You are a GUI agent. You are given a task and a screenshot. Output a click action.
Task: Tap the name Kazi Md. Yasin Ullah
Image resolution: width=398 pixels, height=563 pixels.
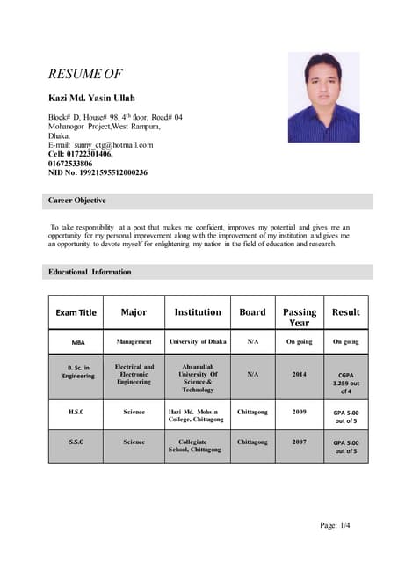click(91, 97)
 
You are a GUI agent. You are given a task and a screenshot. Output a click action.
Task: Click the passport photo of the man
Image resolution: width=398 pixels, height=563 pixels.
click(324, 97)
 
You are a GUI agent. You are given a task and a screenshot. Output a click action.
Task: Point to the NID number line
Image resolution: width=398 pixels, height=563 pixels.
click(97, 172)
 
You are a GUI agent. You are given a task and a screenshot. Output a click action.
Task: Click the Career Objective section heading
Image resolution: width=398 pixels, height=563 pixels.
click(76, 201)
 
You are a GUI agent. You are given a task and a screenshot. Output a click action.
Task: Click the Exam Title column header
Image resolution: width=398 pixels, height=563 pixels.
click(76, 312)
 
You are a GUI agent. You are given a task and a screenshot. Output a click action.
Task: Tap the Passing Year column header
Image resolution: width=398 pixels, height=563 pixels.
click(300, 317)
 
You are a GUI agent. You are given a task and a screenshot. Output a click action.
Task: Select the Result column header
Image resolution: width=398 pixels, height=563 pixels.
click(345, 311)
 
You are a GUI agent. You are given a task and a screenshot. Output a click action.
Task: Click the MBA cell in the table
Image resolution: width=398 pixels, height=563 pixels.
click(77, 341)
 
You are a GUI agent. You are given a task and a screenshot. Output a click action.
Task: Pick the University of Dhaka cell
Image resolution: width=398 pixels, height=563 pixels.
click(198, 341)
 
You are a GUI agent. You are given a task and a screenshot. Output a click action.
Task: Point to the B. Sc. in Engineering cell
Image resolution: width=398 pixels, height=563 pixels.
click(77, 371)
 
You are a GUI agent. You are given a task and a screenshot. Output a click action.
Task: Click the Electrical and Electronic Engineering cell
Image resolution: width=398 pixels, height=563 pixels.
click(134, 374)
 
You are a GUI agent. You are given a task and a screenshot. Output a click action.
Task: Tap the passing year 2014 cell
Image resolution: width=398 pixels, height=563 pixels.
click(300, 374)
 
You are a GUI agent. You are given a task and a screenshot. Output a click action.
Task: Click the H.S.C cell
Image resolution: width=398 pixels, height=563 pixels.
click(77, 411)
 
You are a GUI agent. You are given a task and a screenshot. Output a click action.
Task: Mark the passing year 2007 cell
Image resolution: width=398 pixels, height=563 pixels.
click(300, 442)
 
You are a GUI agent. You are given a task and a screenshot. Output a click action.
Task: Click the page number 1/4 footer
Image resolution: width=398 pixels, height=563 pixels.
click(336, 525)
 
